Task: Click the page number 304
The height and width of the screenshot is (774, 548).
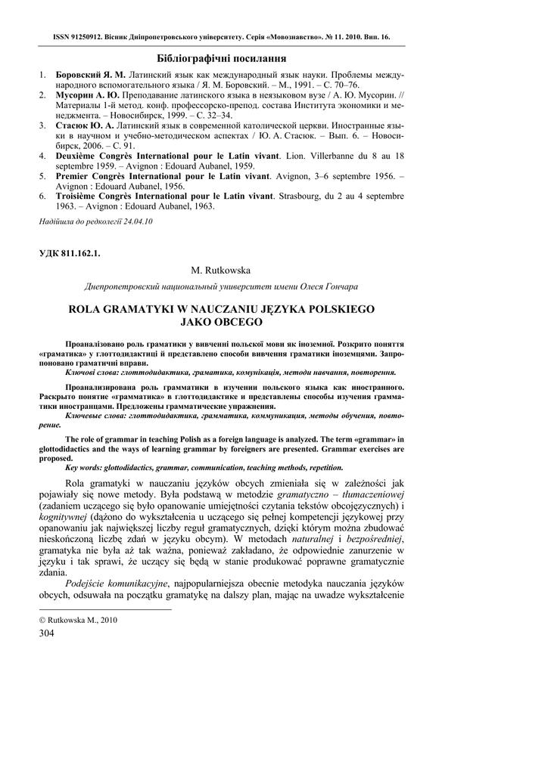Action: pos(48,633)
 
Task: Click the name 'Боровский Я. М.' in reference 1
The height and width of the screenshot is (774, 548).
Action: pos(91,76)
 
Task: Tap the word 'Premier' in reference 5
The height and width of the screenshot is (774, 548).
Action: pos(78,175)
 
